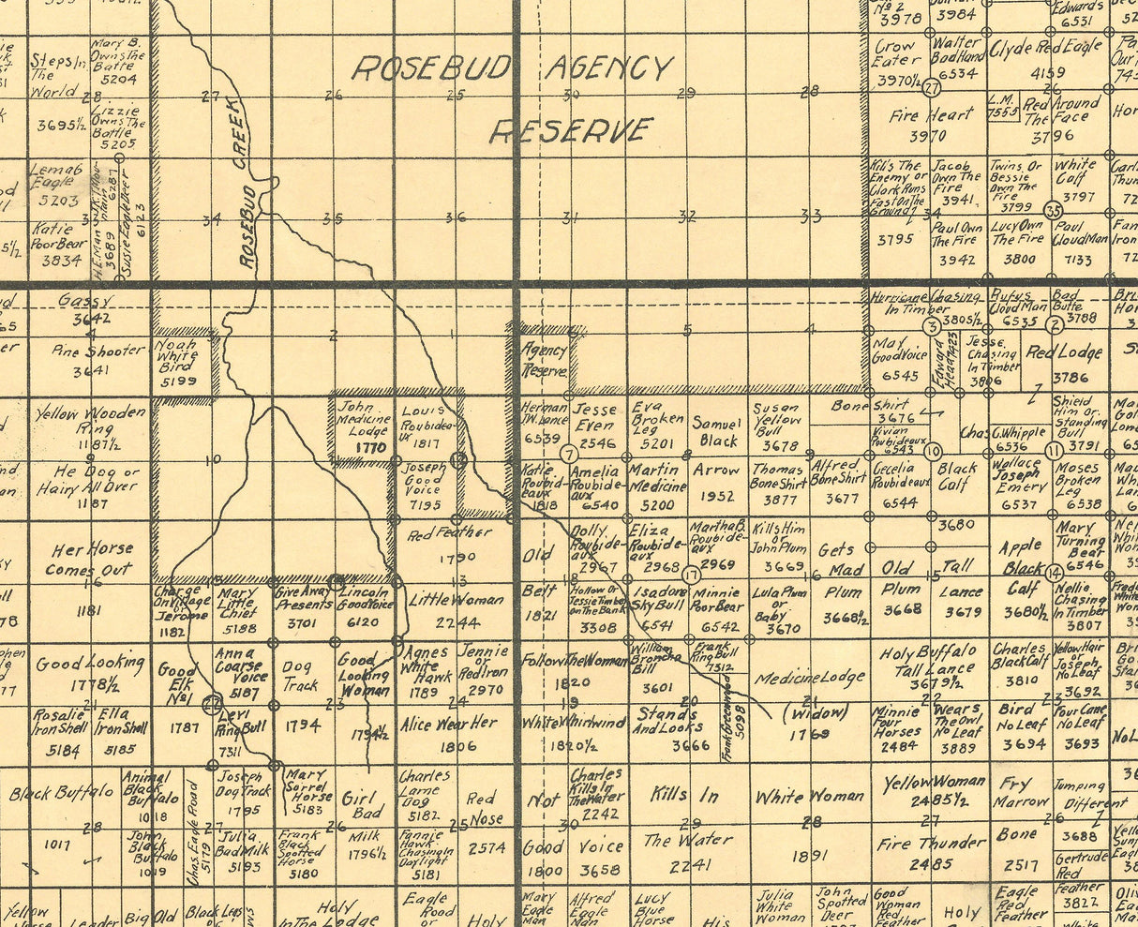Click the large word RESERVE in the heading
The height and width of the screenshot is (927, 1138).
coord(571,130)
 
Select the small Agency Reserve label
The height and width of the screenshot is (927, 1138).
coord(544,360)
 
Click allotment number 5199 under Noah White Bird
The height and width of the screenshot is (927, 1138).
coord(178,381)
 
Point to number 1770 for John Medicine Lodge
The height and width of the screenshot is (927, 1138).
coord(371,448)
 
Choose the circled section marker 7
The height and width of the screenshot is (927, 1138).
coord(567,453)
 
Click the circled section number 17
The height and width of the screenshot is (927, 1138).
coord(691,575)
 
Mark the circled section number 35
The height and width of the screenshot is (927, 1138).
coord(1054,211)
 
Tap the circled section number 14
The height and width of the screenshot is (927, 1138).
coord(1054,572)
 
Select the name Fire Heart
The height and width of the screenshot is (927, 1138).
coord(932,115)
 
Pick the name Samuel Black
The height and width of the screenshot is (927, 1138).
coord(718,432)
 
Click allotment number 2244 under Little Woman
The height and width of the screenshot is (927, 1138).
coord(457,621)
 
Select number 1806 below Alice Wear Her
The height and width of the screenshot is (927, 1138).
coord(457,746)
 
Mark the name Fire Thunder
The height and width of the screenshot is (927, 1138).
coord(931,843)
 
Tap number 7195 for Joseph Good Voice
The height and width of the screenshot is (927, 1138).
coord(425,504)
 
